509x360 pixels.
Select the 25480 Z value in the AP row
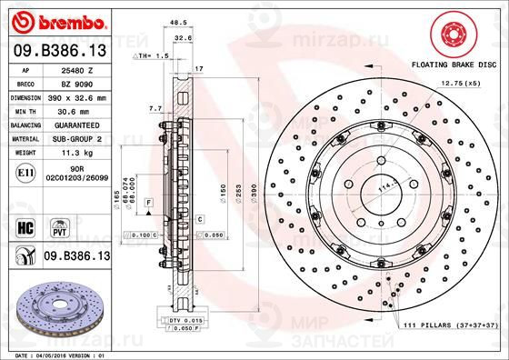pos(85,69)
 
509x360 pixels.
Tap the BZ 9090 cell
pos(85,82)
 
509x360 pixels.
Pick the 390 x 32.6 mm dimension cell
pos(85,95)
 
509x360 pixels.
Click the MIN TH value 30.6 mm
pos(85,108)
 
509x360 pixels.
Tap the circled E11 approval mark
pos(25,170)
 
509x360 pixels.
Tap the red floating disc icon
pos(454,35)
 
